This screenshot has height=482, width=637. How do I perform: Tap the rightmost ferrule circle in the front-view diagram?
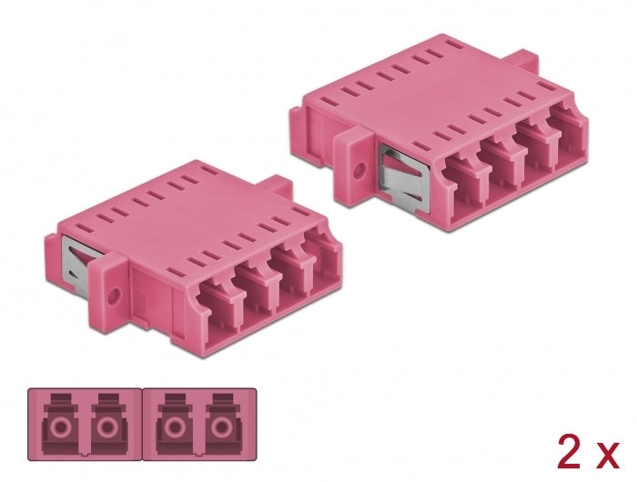(219, 427)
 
